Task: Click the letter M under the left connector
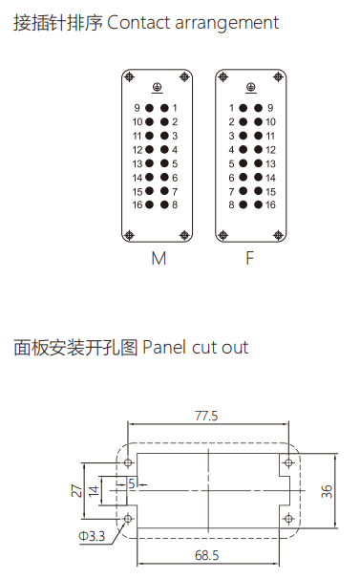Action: (158, 258)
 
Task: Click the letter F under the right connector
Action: (249, 258)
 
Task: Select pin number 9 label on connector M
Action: (138, 108)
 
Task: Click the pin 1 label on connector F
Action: (232, 108)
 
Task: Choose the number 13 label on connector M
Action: (137, 163)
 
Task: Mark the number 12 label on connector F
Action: (271, 150)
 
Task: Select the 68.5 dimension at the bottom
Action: (204, 554)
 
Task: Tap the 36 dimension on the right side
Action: (327, 491)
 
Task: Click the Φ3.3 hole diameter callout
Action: (92, 537)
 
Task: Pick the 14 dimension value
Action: (94, 490)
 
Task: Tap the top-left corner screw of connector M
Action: (129, 75)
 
